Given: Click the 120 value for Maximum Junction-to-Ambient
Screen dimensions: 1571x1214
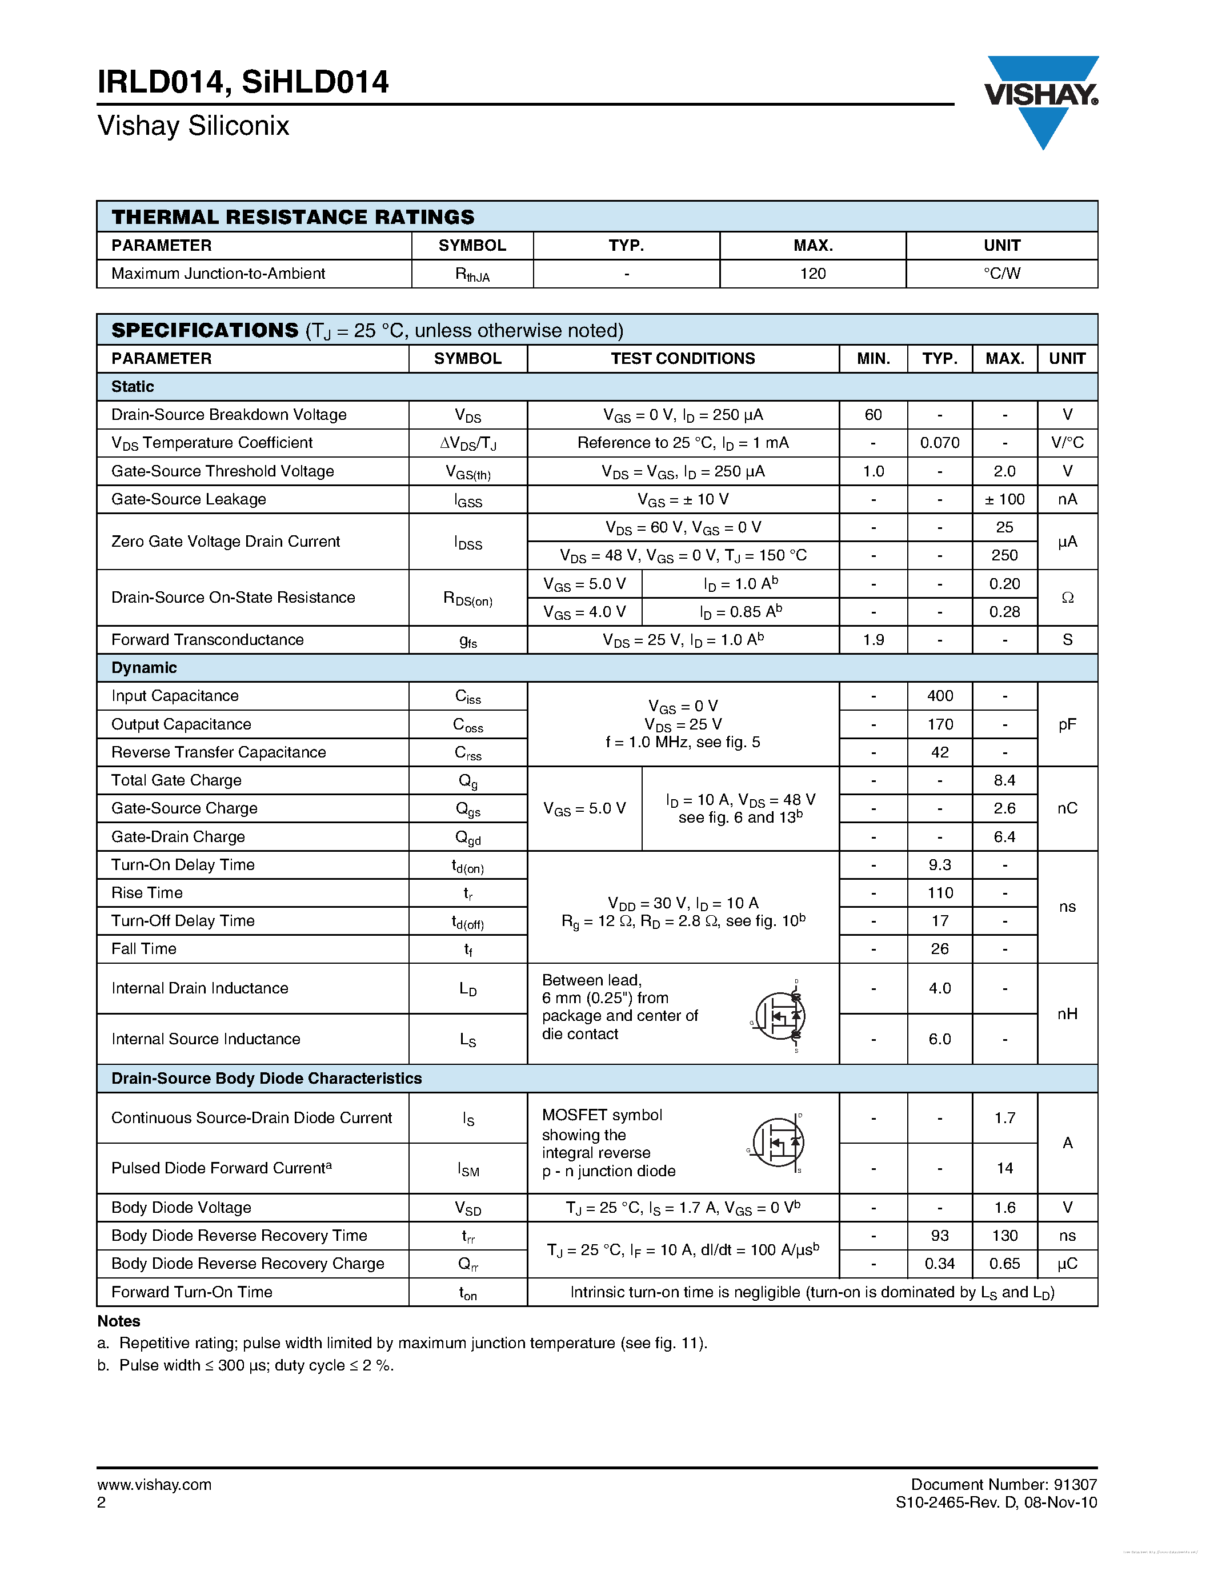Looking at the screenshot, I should (x=813, y=273).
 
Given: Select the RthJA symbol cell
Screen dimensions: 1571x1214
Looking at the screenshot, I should (x=472, y=274).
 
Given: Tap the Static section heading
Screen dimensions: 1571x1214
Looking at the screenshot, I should (x=133, y=386).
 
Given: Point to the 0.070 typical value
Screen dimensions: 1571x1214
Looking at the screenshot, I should (x=939, y=442).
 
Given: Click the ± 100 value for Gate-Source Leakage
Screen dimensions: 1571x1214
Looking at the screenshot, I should (x=1004, y=499).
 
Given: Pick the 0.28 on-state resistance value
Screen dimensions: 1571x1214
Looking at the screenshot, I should (x=1004, y=611).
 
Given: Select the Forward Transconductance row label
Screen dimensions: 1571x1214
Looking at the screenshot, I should (x=207, y=639).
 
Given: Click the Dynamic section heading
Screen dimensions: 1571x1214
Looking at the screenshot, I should (x=144, y=667).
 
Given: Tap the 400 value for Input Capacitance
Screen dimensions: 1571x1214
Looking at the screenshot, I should (x=939, y=696).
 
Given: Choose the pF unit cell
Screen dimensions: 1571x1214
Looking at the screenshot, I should (x=1067, y=724).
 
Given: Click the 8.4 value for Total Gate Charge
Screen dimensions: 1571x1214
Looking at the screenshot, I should (x=1004, y=780).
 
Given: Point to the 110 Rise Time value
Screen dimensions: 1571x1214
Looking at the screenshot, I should (x=939, y=893).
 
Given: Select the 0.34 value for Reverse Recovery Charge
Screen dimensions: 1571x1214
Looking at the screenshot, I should (x=939, y=1263).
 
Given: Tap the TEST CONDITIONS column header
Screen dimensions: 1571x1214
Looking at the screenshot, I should (x=683, y=358).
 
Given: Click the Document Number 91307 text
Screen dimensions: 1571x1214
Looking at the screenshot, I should (x=1003, y=1484).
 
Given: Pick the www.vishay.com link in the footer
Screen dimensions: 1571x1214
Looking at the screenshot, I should (x=154, y=1484).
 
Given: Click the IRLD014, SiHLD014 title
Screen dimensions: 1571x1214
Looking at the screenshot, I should (x=243, y=82).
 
